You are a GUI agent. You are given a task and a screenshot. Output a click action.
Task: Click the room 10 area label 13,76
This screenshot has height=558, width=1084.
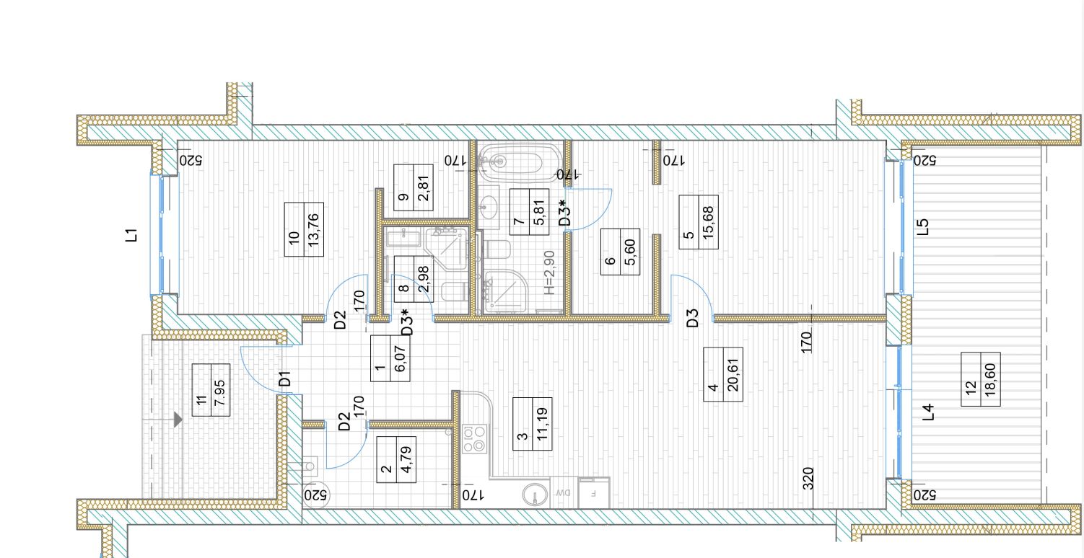point(314,229)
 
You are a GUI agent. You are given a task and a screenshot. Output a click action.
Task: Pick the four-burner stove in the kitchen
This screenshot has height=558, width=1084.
point(474,438)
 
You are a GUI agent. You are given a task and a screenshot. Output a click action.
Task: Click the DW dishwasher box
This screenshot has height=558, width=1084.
point(564,492)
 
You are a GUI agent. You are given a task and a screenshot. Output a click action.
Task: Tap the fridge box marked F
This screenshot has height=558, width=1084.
point(594,493)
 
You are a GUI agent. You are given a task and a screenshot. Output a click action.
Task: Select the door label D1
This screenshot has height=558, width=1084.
point(286,378)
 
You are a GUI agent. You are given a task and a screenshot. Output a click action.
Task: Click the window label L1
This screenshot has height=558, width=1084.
point(131,235)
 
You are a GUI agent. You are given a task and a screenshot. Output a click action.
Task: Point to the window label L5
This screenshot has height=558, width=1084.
point(923,227)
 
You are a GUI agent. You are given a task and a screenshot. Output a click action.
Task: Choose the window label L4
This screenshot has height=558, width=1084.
point(927,412)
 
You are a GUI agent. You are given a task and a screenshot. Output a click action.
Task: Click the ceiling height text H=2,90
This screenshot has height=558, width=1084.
point(548,273)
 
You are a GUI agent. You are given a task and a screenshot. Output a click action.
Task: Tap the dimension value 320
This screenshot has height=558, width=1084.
point(808,478)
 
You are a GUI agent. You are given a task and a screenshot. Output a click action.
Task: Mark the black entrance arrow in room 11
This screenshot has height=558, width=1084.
point(178,420)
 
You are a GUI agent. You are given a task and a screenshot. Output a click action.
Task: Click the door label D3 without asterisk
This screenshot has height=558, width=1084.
point(693,318)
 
